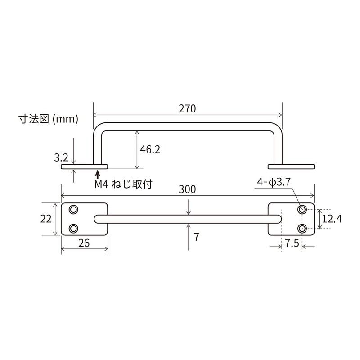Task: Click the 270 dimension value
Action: click(x=187, y=108)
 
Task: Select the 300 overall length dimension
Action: click(x=188, y=189)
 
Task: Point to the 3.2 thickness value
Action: click(x=61, y=157)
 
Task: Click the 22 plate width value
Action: click(x=45, y=219)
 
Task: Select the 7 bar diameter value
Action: click(x=197, y=237)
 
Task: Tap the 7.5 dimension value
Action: click(x=292, y=243)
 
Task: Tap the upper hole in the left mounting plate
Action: click(x=73, y=209)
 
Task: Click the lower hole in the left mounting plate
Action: click(x=73, y=229)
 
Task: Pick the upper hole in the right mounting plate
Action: click(x=302, y=209)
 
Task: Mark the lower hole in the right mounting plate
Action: click(x=302, y=229)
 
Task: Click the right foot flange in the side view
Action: click(x=291, y=166)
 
